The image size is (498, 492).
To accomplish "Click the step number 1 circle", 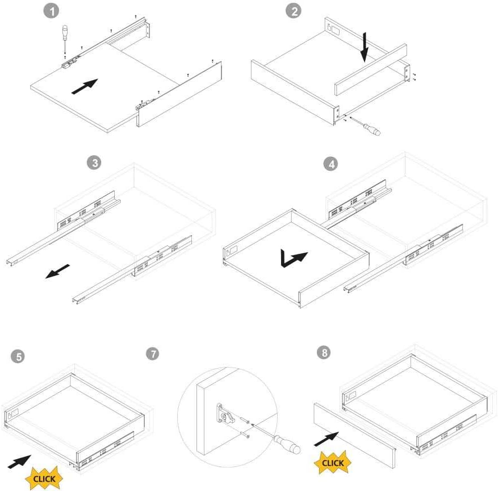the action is tap(51, 11).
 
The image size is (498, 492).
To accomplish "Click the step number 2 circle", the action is tap(294, 11).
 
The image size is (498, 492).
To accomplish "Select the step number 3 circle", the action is tap(94, 162).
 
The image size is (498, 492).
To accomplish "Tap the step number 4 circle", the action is tap(330, 164).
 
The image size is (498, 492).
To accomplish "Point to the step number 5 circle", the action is tap(18, 356).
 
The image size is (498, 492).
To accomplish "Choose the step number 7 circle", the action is tap(152, 353).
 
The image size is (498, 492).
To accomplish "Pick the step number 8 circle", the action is tap(324, 352).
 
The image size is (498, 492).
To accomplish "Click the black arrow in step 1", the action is tap(85, 86).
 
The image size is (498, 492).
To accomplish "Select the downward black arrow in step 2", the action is tap(365, 47).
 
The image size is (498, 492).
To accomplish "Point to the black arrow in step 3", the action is tap(57, 272).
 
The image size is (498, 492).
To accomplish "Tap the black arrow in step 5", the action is tap(19, 462).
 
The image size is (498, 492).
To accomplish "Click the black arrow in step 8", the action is tap(326, 439).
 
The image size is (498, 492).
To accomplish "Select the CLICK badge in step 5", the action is tap(44, 478).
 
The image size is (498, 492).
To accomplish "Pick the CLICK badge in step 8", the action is tap(333, 462).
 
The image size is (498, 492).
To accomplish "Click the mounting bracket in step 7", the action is tap(225, 414).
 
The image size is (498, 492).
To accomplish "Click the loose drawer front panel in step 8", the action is tap(355, 436).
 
